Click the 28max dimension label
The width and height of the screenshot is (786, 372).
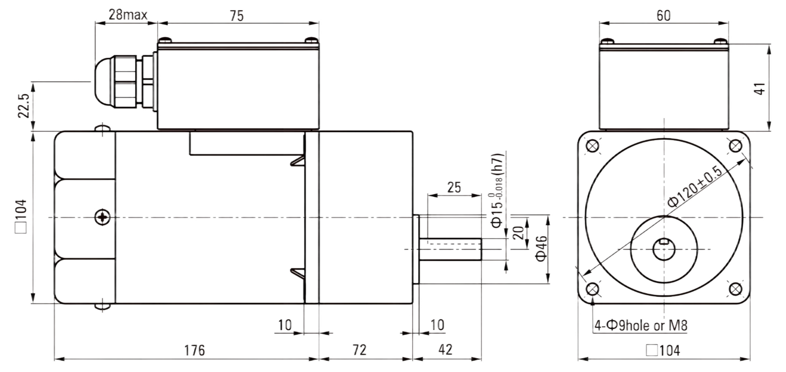128,15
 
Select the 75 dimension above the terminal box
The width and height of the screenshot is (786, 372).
237,16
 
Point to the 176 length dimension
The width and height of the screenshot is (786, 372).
195,350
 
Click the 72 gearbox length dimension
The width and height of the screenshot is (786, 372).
359,350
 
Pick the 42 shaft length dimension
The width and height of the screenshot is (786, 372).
445,350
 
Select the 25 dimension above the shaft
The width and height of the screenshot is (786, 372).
454,187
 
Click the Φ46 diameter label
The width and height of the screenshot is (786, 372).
541,248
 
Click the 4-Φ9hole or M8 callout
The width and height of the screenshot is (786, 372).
641,326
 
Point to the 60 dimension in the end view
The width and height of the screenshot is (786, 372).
663,16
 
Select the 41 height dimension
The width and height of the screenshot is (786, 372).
759,89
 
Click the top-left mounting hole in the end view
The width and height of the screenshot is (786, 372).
592,146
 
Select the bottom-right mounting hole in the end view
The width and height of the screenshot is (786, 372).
735,289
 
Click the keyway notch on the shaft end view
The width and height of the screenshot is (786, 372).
664,242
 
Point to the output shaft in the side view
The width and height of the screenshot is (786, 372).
450,249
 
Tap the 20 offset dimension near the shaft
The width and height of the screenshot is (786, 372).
519,233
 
